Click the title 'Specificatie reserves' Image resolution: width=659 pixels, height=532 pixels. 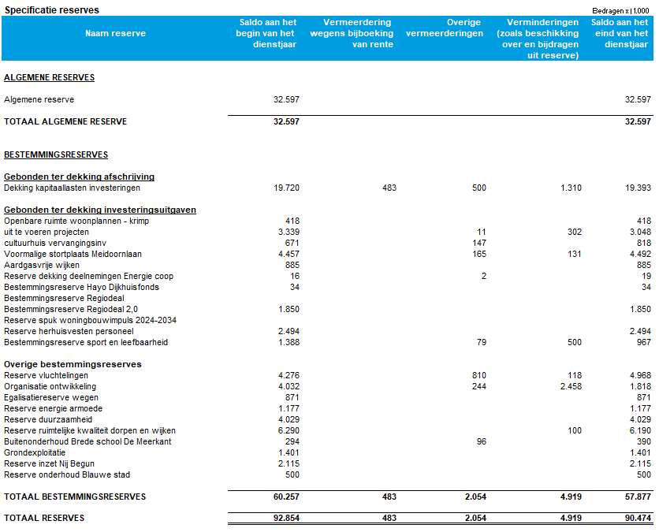52,9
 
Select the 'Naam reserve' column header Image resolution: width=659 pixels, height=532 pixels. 115,34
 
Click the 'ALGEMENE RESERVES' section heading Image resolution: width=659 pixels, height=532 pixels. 49,78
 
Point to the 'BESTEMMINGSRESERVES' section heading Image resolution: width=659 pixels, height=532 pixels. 56,155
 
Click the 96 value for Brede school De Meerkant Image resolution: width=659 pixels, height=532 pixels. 481,442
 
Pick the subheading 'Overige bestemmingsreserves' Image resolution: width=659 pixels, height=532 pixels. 73,365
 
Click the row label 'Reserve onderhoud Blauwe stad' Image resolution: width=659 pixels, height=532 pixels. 66,475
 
